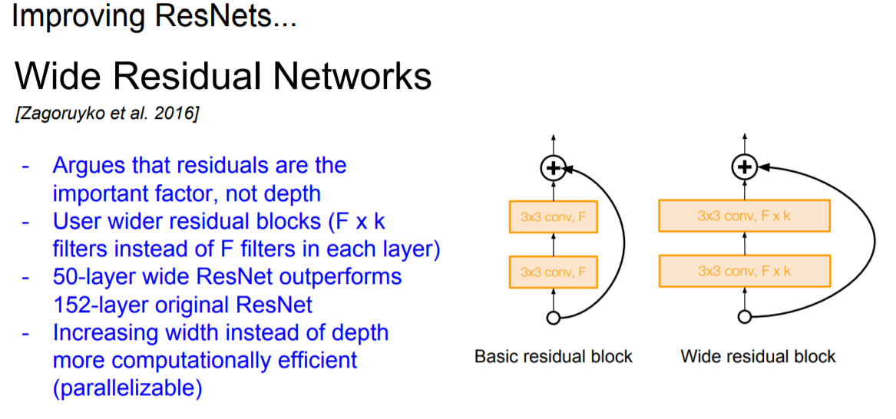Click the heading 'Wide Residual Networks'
[x=223, y=78]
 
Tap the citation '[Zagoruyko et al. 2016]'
[x=107, y=114]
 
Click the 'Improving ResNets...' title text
[x=154, y=17]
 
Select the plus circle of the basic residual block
[x=554, y=167]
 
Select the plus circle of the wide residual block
[x=743, y=167]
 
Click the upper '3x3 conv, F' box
[x=554, y=217]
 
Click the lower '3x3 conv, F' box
[x=554, y=272]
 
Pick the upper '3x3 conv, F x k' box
[x=744, y=216]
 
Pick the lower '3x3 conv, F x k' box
[x=744, y=271]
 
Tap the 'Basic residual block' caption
[x=554, y=356]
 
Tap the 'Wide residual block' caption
[x=758, y=356]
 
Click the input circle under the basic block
[x=553, y=317]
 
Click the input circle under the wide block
[x=743, y=316]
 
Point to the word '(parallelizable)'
[x=127, y=388]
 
